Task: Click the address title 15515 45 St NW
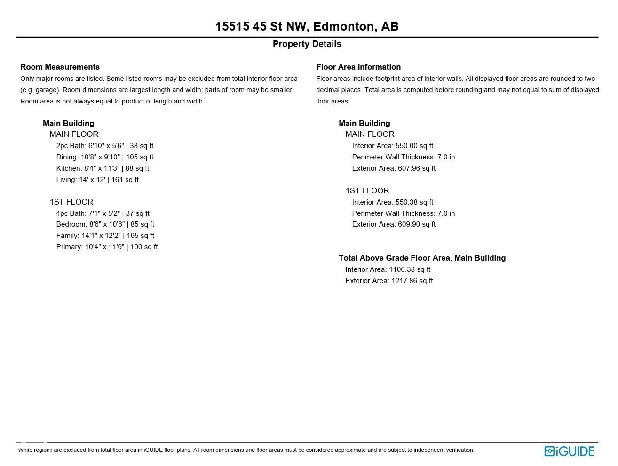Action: pos(307,26)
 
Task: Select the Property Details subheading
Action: pos(307,44)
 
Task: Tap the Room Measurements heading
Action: pos(60,67)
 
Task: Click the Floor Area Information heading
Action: pos(358,67)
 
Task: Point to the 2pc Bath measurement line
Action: pos(104,146)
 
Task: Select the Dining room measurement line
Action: pos(104,157)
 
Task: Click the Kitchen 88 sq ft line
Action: pos(103,168)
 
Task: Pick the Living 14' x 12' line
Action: pos(97,180)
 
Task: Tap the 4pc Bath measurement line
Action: pos(103,213)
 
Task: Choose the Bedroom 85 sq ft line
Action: pos(105,224)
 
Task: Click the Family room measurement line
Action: pos(105,236)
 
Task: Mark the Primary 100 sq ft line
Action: pos(107,247)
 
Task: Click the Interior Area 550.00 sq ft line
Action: pos(392,146)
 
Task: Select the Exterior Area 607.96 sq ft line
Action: pos(394,168)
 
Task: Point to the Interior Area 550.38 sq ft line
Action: pos(392,202)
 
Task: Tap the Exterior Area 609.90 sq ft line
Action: pos(394,224)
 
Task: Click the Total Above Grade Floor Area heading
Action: pos(422,258)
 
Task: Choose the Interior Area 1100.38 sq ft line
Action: pos(388,269)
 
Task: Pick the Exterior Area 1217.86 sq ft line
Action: pos(389,281)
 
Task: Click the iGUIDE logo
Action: pos(569,451)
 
